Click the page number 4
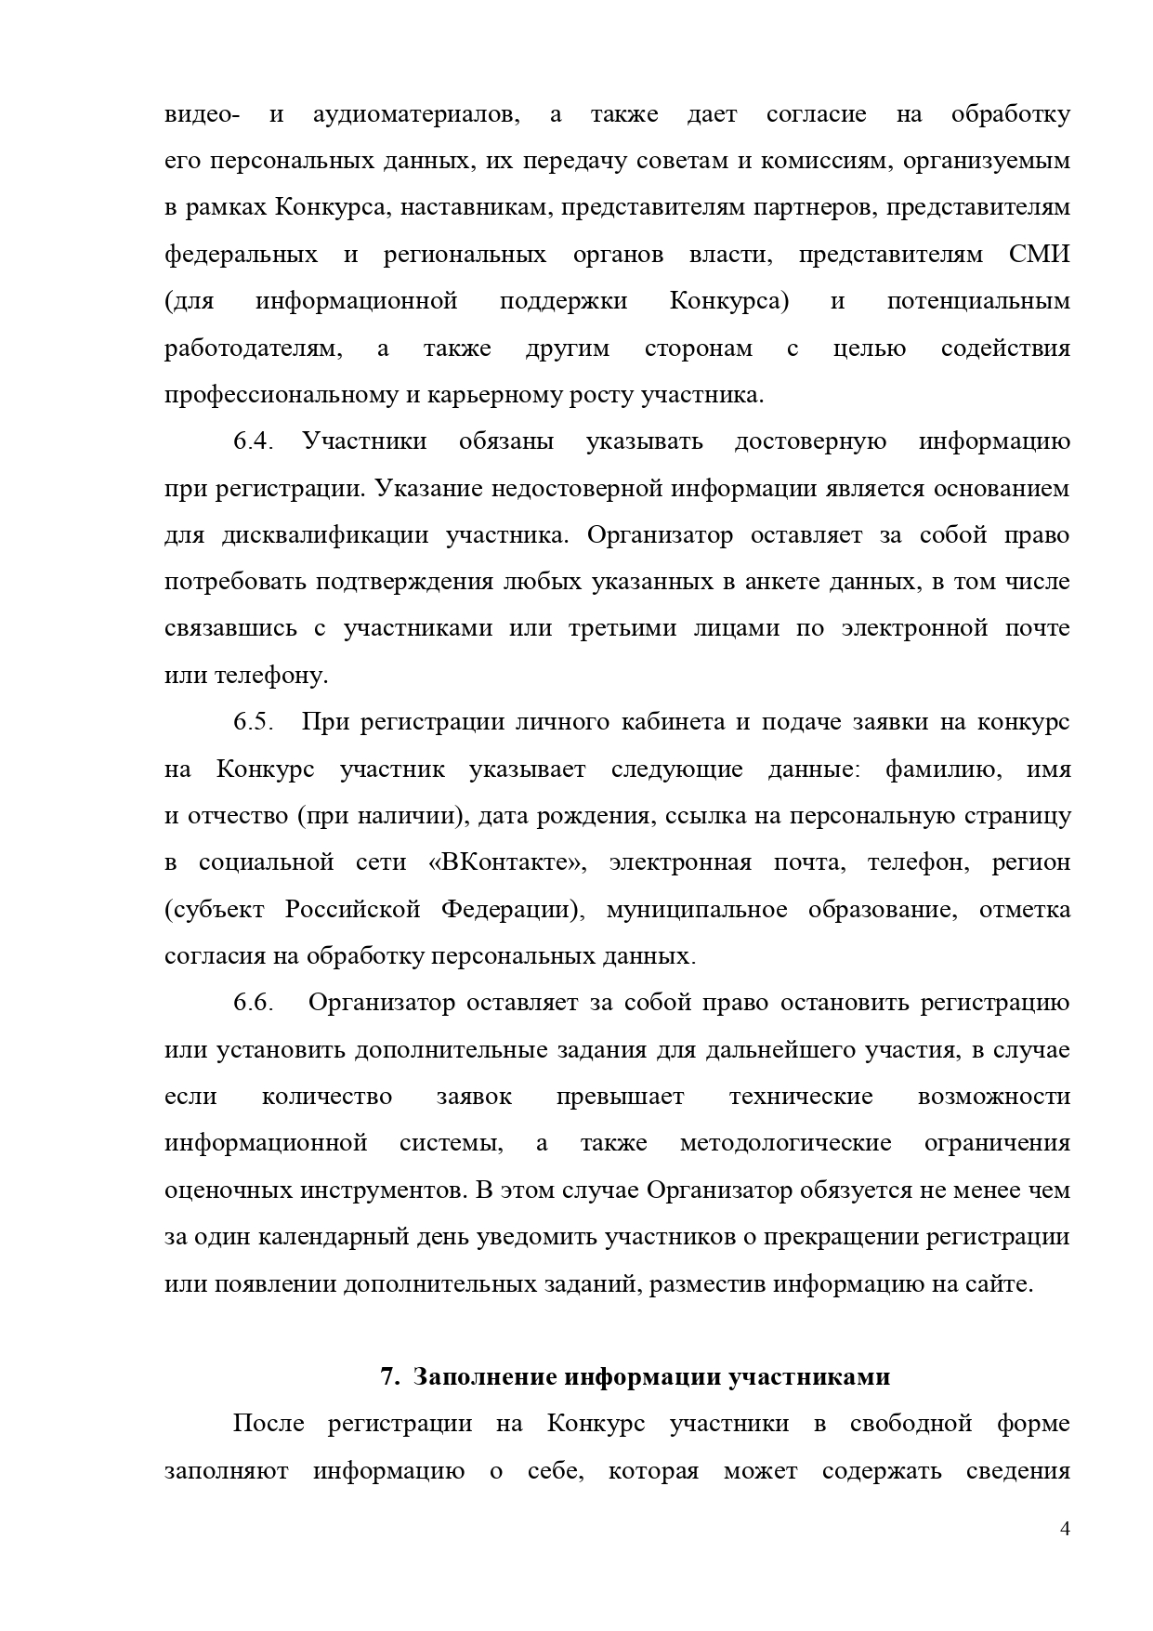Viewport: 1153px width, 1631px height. coord(1065,1529)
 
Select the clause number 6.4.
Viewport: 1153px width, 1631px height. coord(252,441)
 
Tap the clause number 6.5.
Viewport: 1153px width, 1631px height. coord(252,722)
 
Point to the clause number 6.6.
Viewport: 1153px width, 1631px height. coord(252,1003)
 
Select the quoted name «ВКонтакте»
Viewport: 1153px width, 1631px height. coord(507,862)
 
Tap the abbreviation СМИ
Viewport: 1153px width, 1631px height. coord(1039,255)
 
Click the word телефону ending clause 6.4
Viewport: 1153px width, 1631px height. coord(270,676)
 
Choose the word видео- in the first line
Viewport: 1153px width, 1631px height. coord(202,114)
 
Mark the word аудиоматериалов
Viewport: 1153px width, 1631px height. coord(416,114)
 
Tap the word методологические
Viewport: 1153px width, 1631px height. coord(785,1143)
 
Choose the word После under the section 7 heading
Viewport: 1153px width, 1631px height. coord(269,1424)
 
